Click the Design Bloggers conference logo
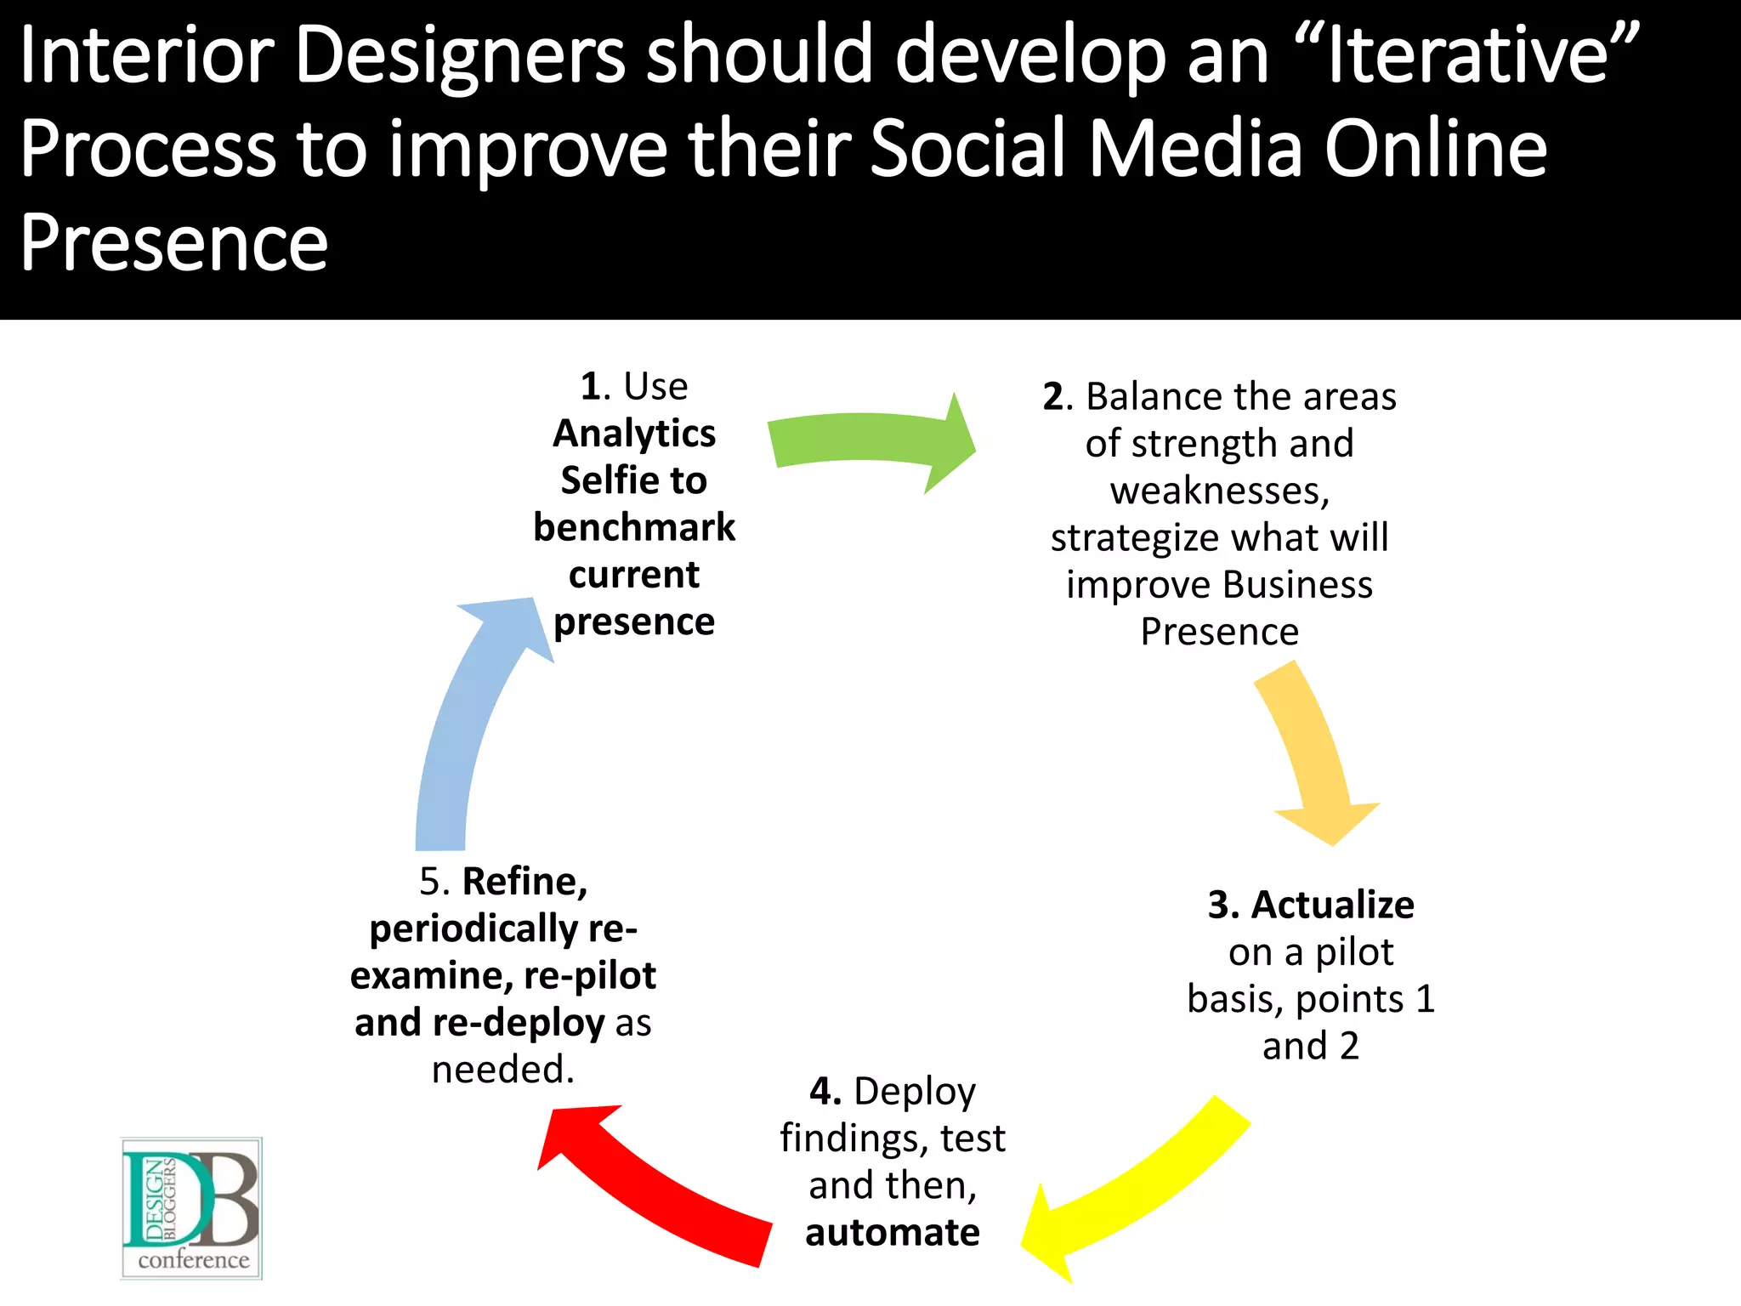[x=191, y=1207]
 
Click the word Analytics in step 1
[x=634, y=434]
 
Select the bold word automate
[x=893, y=1232]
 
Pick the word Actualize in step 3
[x=1332, y=905]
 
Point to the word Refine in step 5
[x=525, y=882]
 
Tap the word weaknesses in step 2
[x=1218, y=491]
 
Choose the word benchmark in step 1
[x=634, y=528]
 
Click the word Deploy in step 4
[x=915, y=1092]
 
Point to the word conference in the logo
[x=194, y=1260]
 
